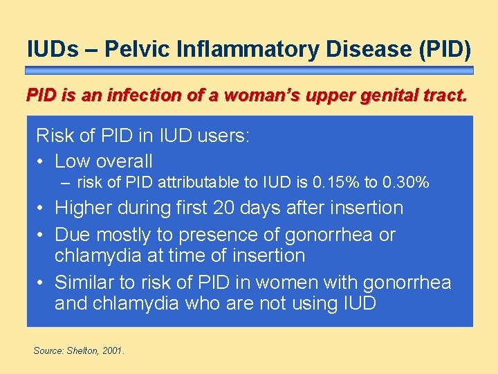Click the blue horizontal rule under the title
[249, 71]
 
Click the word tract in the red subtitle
[443, 95]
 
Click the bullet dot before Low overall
[41, 161]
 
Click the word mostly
[127, 235]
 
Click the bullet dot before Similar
[41, 283]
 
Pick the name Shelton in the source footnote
[83, 351]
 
